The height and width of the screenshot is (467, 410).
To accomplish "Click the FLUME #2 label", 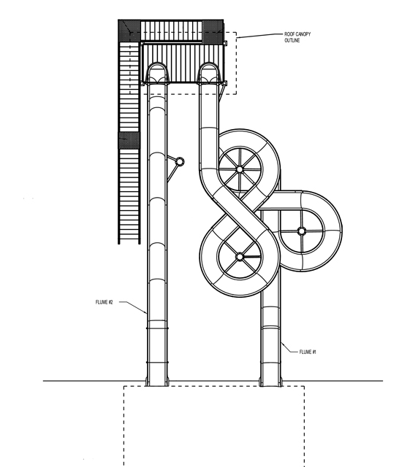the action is click(x=104, y=302).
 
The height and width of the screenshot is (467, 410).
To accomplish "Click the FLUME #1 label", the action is click(x=308, y=352).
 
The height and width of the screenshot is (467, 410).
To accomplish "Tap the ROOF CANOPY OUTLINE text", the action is click(x=297, y=37).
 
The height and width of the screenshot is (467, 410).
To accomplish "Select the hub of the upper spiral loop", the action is click(x=240, y=169).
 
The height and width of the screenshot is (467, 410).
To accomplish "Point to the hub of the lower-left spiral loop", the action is click(x=240, y=256).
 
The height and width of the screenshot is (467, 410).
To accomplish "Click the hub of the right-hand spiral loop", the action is click(x=302, y=231).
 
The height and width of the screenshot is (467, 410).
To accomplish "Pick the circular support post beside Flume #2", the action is click(x=179, y=162).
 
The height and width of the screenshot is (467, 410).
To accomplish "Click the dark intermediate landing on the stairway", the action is click(x=129, y=141).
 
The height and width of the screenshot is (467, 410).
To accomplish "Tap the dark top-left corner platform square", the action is click(x=129, y=31).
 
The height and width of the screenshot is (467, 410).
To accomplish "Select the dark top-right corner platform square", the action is click(x=213, y=31).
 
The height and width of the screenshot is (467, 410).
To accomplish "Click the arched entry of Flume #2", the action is click(x=157, y=73).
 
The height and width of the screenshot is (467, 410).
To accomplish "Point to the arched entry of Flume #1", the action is click(x=209, y=73).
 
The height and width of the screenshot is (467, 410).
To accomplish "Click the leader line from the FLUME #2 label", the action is click(x=133, y=306).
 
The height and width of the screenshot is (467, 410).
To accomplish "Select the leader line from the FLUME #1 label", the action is click(x=289, y=348).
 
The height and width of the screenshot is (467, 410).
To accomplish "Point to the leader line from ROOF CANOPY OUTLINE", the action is click(x=259, y=36).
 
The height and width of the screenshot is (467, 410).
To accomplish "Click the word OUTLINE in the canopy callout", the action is click(x=292, y=40).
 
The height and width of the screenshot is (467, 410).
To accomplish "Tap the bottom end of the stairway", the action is click(x=129, y=242).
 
